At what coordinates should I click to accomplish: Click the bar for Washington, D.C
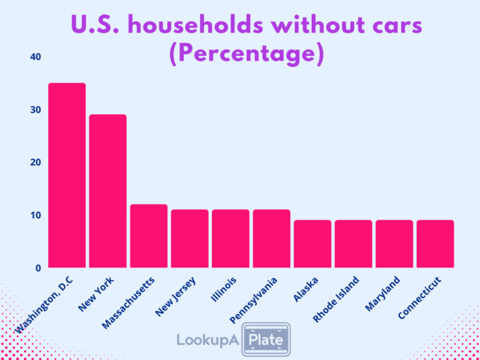(x=67, y=175)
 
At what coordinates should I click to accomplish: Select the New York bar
(x=107, y=191)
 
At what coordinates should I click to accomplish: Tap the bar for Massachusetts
(x=149, y=236)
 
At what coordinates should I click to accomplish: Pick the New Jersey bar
(x=189, y=238)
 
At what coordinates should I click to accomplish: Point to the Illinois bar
(x=231, y=238)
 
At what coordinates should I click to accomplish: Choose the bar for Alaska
(x=312, y=244)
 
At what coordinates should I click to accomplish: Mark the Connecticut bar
(x=435, y=244)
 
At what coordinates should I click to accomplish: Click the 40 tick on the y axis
(x=35, y=57)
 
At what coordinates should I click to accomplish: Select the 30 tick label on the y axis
(x=35, y=110)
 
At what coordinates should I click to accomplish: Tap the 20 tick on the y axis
(x=35, y=162)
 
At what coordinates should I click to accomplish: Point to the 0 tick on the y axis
(x=38, y=268)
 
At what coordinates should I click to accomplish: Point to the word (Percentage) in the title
(x=246, y=54)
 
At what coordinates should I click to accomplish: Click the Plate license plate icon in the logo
(x=266, y=340)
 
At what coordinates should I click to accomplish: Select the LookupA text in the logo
(x=207, y=341)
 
